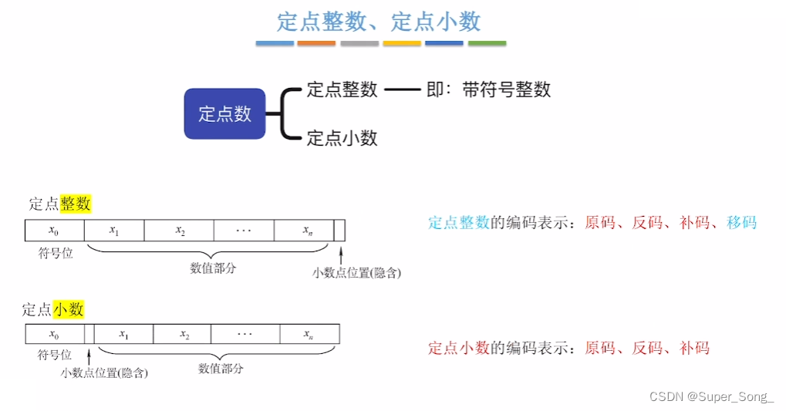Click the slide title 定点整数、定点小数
point(379,21)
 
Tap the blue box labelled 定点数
point(224,114)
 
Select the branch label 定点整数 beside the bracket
point(342,89)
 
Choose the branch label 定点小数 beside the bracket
point(342,138)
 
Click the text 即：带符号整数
point(488,89)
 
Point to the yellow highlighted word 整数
point(76,204)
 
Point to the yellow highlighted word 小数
point(69,309)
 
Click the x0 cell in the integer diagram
point(53,231)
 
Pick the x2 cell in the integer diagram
point(180,231)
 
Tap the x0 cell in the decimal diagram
point(53,335)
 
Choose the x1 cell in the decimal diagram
point(123,335)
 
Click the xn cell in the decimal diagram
point(307,335)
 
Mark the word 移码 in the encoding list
point(741,223)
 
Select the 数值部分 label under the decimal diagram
point(221,369)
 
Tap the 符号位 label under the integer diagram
point(55,253)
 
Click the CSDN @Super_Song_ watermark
point(711,396)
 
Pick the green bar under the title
point(487,43)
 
